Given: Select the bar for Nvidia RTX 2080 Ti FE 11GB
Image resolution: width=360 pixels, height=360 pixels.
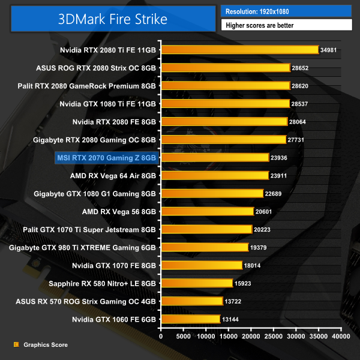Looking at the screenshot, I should click(239, 50).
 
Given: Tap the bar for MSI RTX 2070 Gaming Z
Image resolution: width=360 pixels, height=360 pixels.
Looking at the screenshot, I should click(214, 157).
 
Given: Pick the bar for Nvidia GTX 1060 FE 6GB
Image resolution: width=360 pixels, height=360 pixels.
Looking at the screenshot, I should click(190, 319).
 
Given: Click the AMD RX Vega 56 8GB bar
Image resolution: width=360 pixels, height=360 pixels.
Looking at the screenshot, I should click(206, 211).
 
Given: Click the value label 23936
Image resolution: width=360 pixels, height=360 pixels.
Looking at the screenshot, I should click(281, 158).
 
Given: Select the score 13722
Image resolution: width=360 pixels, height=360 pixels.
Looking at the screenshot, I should click(235, 301).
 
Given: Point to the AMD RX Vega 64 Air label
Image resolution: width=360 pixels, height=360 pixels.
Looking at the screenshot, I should click(113, 176).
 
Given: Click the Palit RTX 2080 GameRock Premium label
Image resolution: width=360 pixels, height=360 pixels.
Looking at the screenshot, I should click(88, 86).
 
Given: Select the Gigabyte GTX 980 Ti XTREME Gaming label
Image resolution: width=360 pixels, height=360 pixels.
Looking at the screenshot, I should click(83, 247).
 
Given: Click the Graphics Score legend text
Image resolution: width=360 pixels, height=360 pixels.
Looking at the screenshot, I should click(46, 345).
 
